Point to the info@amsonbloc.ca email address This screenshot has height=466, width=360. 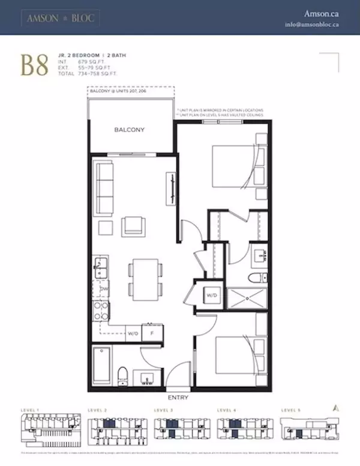(311, 25)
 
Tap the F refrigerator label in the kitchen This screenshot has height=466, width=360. (152, 332)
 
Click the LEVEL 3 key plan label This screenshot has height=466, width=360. (163, 410)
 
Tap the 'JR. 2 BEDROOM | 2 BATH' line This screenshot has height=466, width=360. (86, 54)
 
